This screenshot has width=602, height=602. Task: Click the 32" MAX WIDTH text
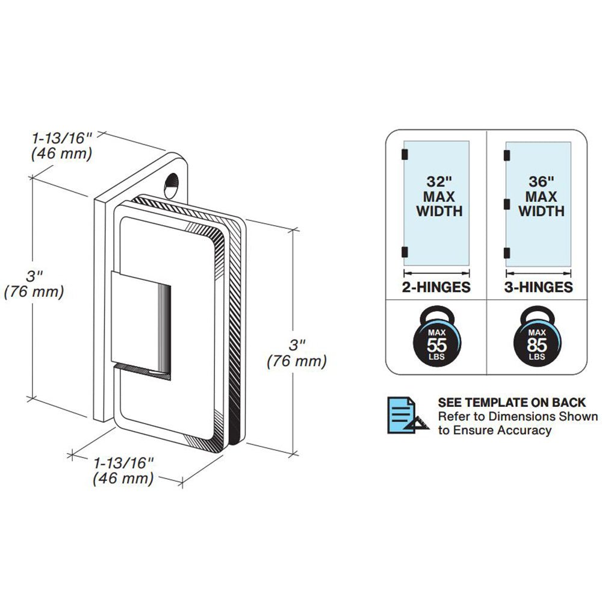tap(439, 196)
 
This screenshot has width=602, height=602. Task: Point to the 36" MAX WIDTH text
tap(541, 196)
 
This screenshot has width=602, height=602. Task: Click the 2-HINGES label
tap(436, 287)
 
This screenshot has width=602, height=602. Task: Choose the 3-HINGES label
tap(538, 287)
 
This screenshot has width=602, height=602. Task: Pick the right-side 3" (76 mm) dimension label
tap(297, 353)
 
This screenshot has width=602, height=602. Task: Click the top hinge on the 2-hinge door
tap(405, 154)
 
